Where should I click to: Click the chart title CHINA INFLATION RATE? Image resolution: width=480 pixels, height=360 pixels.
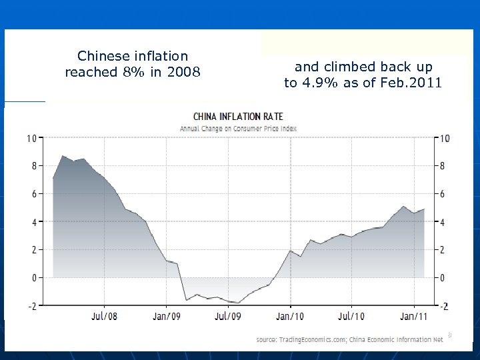click(x=238, y=117)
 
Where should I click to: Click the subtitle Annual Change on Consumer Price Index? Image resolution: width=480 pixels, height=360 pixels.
click(x=238, y=128)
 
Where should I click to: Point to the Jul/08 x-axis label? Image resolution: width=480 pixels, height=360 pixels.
click(x=105, y=316)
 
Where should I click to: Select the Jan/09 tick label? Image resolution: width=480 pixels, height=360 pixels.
click(x=167, y=316)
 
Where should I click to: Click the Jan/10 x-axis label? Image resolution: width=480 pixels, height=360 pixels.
click(x=290, y=316)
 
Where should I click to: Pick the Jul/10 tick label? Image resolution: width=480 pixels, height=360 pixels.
click(x=351, y=316)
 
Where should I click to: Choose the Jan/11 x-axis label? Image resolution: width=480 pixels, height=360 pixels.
click(x=414, y=316)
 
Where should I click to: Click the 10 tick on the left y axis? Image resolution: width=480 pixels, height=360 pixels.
click(x=31, y=138)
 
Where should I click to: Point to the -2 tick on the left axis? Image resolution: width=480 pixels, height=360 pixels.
click(x=32, y=305)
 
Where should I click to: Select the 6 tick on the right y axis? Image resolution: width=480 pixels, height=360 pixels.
click(x=443, y=193)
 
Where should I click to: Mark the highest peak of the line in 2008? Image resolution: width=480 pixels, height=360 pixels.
click(x=62, y=156)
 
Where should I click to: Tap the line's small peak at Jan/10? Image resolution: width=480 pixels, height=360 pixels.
click(x=290, y=251)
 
